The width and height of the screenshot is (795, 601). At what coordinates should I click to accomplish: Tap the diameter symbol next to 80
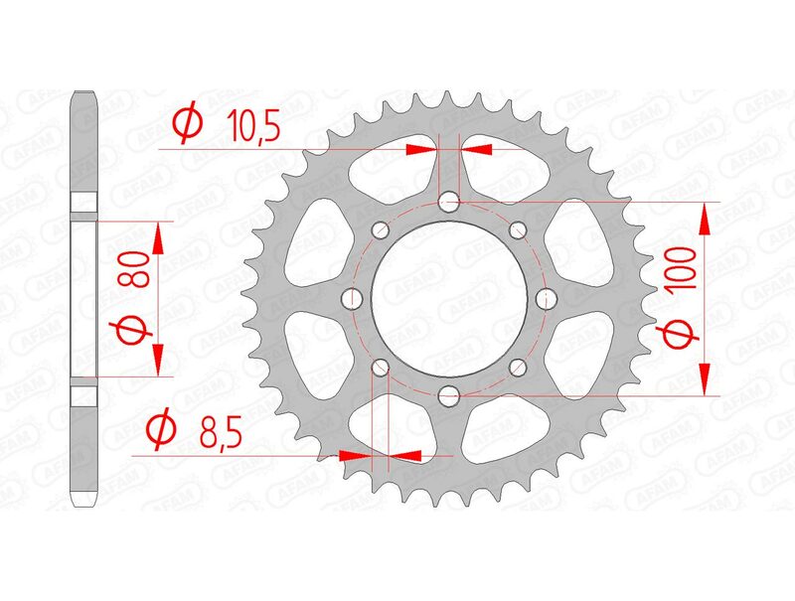[x=135, y=331]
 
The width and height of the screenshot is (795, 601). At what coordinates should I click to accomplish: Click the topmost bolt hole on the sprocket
[x=449, y=203]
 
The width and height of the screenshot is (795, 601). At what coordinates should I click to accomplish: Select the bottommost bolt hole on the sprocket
[x=449, y=394]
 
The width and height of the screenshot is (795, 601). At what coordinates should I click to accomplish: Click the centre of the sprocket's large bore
[x=449, y=298]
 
